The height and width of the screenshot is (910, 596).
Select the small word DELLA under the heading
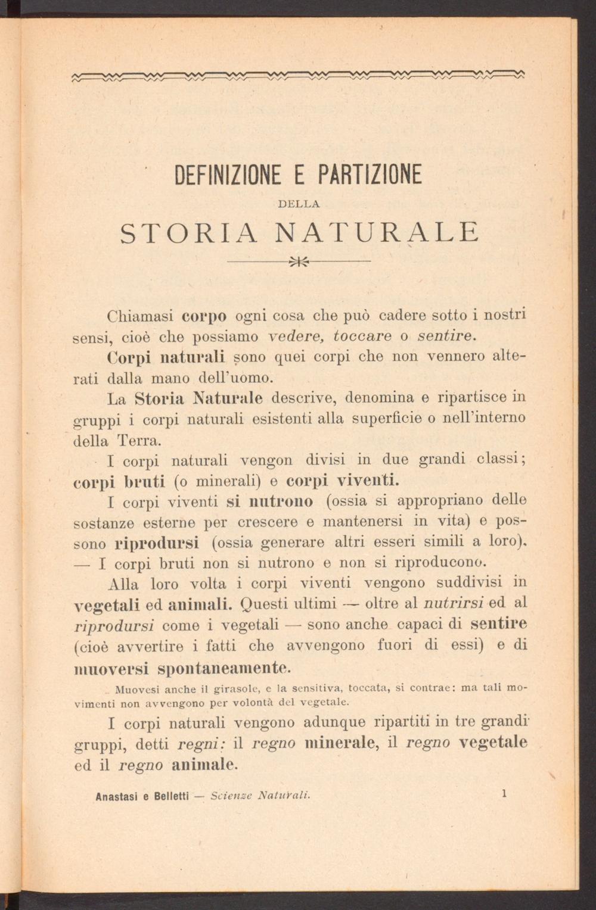[299, 204]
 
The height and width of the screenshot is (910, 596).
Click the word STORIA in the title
[189, 232]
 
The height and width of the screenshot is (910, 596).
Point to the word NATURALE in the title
[377, 232]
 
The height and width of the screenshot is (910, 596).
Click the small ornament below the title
[299, 261]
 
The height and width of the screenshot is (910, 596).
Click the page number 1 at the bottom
[504, 793]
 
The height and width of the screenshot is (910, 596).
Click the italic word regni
[200, 744]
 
